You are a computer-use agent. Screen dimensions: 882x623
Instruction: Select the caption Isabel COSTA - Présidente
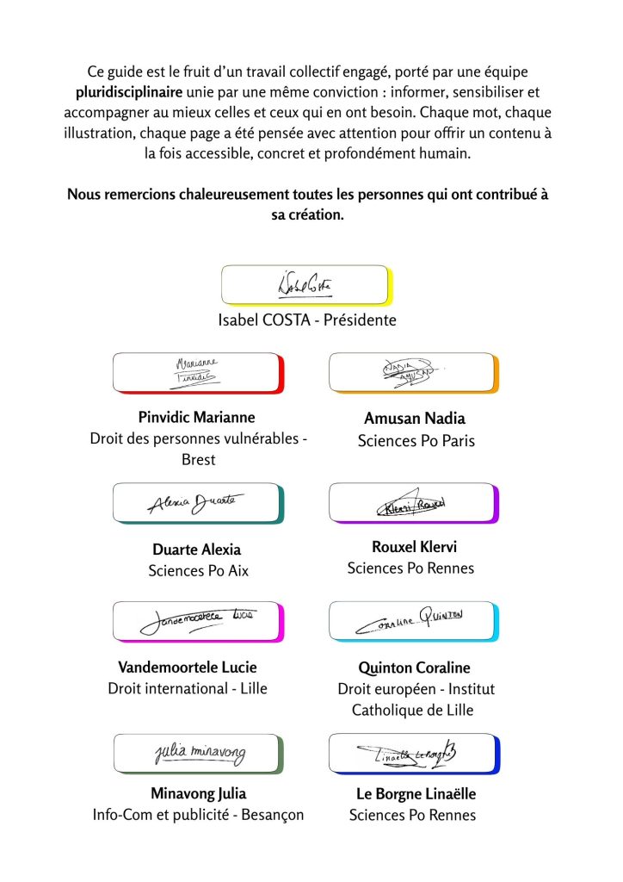pos(307,320)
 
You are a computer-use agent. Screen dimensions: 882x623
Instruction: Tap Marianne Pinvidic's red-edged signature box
pos(198,373)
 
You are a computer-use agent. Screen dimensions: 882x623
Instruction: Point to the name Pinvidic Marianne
pos(197,418)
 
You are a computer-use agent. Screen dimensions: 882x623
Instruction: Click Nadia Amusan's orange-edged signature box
pos(414,373)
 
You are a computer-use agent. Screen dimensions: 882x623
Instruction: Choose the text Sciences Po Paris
pos(416,441)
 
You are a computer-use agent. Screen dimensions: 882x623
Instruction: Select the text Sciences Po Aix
pos(198,570)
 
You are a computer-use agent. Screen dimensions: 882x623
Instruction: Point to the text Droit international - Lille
pos(188,688)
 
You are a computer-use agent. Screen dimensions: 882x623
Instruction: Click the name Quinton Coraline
pos(415,668)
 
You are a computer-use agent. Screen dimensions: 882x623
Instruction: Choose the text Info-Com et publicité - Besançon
pos(198,815)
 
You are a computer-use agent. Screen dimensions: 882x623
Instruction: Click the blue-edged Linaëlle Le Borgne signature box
pos(414,754)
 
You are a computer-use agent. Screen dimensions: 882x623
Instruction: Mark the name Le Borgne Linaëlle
pos(416,794)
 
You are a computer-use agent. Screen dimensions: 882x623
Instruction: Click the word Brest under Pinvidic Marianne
pos(198,460)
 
